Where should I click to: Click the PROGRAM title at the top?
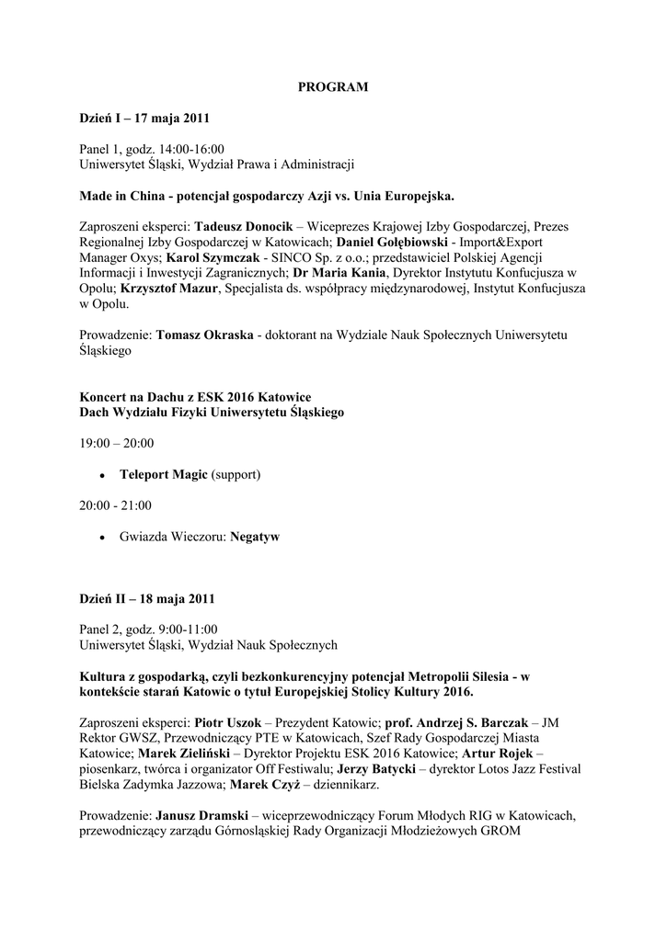click(333, 87)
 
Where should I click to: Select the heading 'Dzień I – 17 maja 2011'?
click(144, 119)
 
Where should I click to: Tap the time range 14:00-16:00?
click(192, 149)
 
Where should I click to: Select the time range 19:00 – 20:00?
click(116, 444)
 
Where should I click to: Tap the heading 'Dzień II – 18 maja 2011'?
click(147, 599)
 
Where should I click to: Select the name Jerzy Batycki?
click(377, 770)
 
